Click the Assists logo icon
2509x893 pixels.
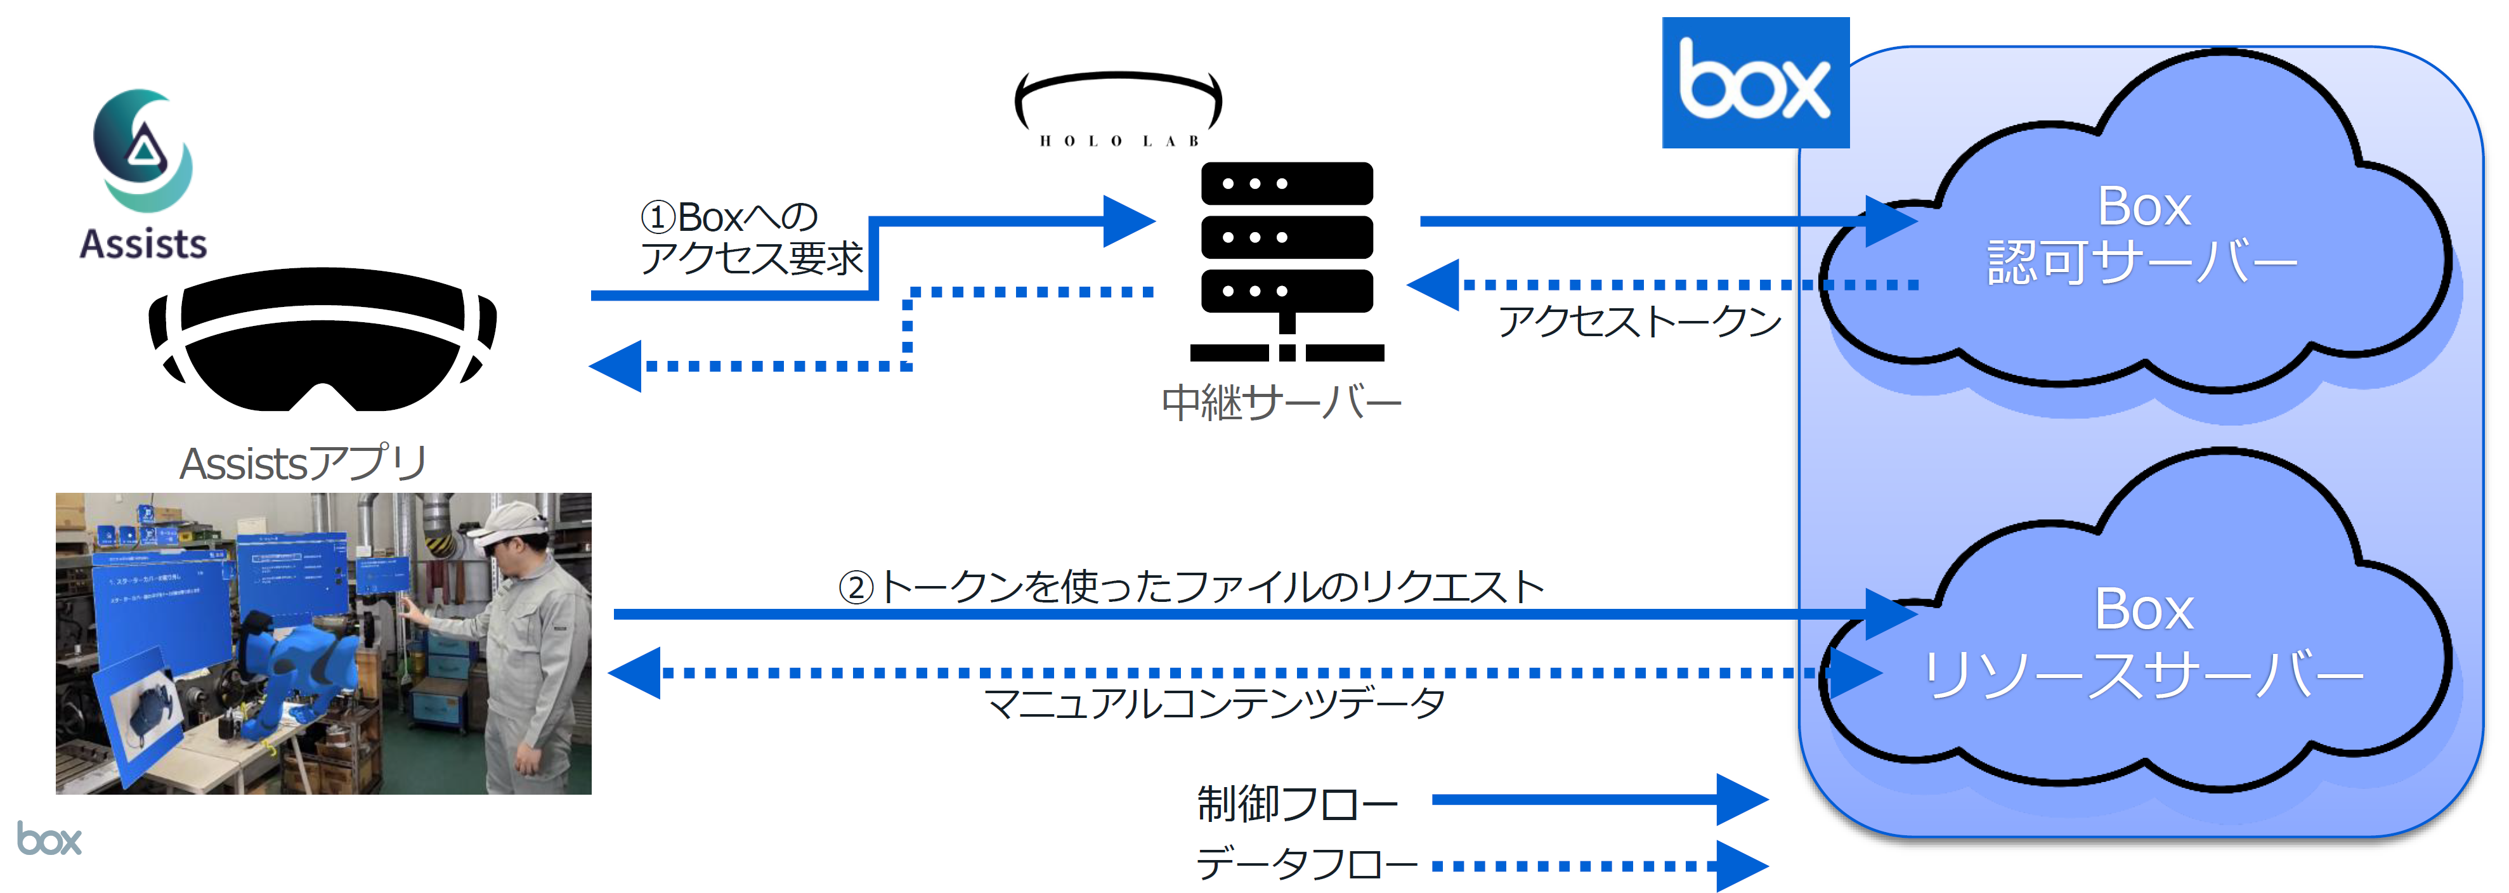point(143,151)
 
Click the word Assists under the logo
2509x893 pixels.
point(143,244)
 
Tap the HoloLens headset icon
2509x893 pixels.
point(322,340)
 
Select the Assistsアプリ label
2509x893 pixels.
point(303,464)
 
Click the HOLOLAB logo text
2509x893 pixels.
point(1118,140)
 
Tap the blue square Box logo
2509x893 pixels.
point(1754,83)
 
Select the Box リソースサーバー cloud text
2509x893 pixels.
point(2143,642)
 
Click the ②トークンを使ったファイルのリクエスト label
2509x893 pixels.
point(1190,587)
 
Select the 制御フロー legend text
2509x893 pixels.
point(1298,804)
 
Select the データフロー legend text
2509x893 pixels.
point(1306,864)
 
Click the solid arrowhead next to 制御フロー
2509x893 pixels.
point(1740,800)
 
